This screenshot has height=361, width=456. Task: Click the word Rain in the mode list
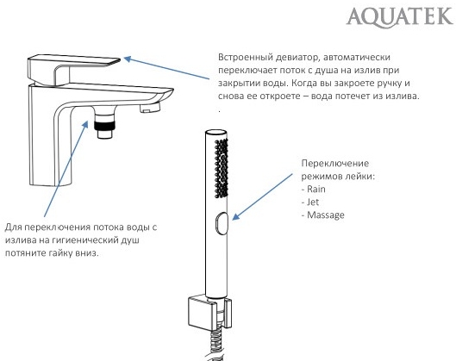[x=315, y=190]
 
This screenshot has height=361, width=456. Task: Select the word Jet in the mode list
[x=313, y=202]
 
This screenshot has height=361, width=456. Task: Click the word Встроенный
[x=248, y=57]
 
